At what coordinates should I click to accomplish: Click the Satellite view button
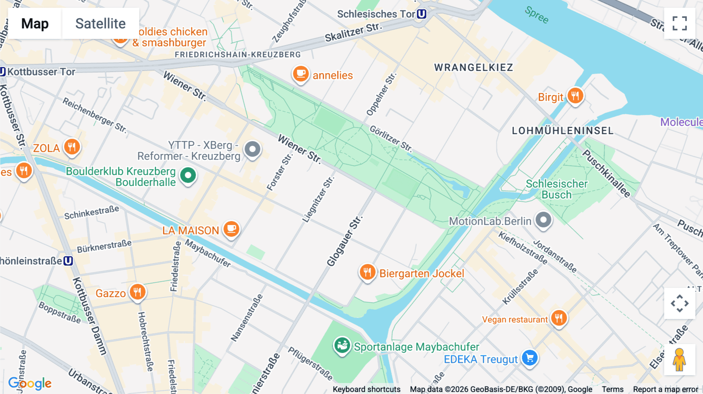tap(100, 23)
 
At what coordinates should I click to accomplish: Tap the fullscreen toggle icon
tap(680, 23)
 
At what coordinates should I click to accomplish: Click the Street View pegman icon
tap(679, 360)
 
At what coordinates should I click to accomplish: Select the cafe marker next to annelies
tap(301, 74)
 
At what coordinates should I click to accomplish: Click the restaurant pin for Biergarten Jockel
tap(367, 272)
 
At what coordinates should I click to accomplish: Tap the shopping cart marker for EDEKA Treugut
tap(530, 358)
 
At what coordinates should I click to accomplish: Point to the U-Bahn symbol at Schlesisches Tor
tap(421, 14)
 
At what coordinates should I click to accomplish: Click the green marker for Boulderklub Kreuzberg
tap(188, 176)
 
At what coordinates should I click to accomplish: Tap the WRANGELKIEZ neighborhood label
tap(473, 67)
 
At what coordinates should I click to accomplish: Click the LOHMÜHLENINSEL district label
tap(562, 131)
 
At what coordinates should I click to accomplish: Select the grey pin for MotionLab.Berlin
tap(543, 220)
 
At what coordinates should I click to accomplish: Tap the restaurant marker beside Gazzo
tap(137, 292)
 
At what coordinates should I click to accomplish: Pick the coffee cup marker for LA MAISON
tap(231, 229)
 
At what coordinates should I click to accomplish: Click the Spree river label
tap(537, 15)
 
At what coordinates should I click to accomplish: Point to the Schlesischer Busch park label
tap(556, 189)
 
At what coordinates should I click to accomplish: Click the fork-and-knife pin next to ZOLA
tap(72, 147)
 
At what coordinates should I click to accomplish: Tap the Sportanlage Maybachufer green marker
tap(342, 346)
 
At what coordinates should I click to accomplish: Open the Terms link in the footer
tap(612, 389)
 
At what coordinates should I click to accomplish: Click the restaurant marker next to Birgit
tap(575, 96)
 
